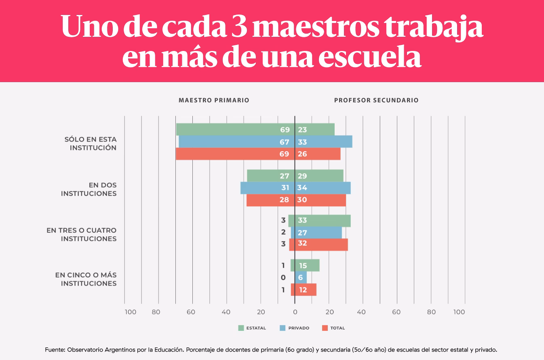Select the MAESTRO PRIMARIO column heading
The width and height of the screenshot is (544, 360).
pos(214,100)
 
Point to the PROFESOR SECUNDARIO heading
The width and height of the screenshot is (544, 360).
pos(376,100)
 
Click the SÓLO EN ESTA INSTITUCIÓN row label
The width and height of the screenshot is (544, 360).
pos(91,144)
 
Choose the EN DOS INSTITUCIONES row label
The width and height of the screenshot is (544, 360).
pos(89,189)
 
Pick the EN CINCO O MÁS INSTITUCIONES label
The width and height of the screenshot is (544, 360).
pos(86,279)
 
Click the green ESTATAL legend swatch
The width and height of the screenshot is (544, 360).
pos(241,328)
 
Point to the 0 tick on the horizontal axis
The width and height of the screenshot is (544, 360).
pos(295,312)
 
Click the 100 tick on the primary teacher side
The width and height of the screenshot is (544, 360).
pos(130,312)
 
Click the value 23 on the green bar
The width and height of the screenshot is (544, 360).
pos(302,130)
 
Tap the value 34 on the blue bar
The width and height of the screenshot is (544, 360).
pos(302,188)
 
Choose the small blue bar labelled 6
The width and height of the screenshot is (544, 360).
pos(301,277)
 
